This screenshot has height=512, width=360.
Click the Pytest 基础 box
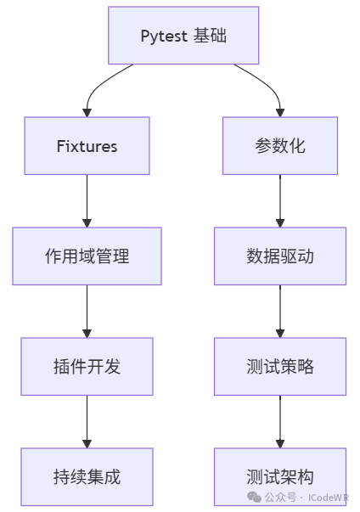pyautogui.click(x=183, y=36)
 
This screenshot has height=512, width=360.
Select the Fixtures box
pyautogui.click(x=87, y=146)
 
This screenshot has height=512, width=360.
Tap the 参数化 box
pyautogui.click(x=280, y=146)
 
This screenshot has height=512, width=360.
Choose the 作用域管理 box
pyautogui.click(x=87, y=256)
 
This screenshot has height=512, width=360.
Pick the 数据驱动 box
pyautogui.click(x=280, y=256)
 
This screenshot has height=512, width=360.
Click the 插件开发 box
pyautogui.click(x=87, y=366)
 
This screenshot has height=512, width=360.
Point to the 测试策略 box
pyautogui.click(x=280, y=366)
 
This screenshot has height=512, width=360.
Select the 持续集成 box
pyautogui.click(x=87, y=476)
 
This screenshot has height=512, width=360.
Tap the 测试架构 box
pyautogui.click(x=280, y=476)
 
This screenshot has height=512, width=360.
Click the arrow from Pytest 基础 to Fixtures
pyautogui.click(x=97, y=86)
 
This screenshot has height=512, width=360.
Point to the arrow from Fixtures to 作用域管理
pyautogui.click(x=87, y=201)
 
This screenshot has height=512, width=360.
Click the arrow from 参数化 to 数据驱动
pyautogui.click(x=280, y=201)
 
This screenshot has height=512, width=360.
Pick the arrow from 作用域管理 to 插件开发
pyautogui.click(x=87, y=311)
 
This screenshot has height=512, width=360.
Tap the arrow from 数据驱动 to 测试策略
pyautogui.click(x=280, y=311)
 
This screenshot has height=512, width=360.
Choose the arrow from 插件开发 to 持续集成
pyautogui.click(x=87, y=421)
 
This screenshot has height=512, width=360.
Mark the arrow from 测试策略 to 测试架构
pyautogui.click(x=280, y=421)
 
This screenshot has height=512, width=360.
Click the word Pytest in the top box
pyautogui.click(x=164, y=36)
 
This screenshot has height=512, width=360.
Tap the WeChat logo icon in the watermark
pyautogui.click(x=254, y=497)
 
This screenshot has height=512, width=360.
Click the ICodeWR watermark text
pyautogui.click(x=329, y=498)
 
